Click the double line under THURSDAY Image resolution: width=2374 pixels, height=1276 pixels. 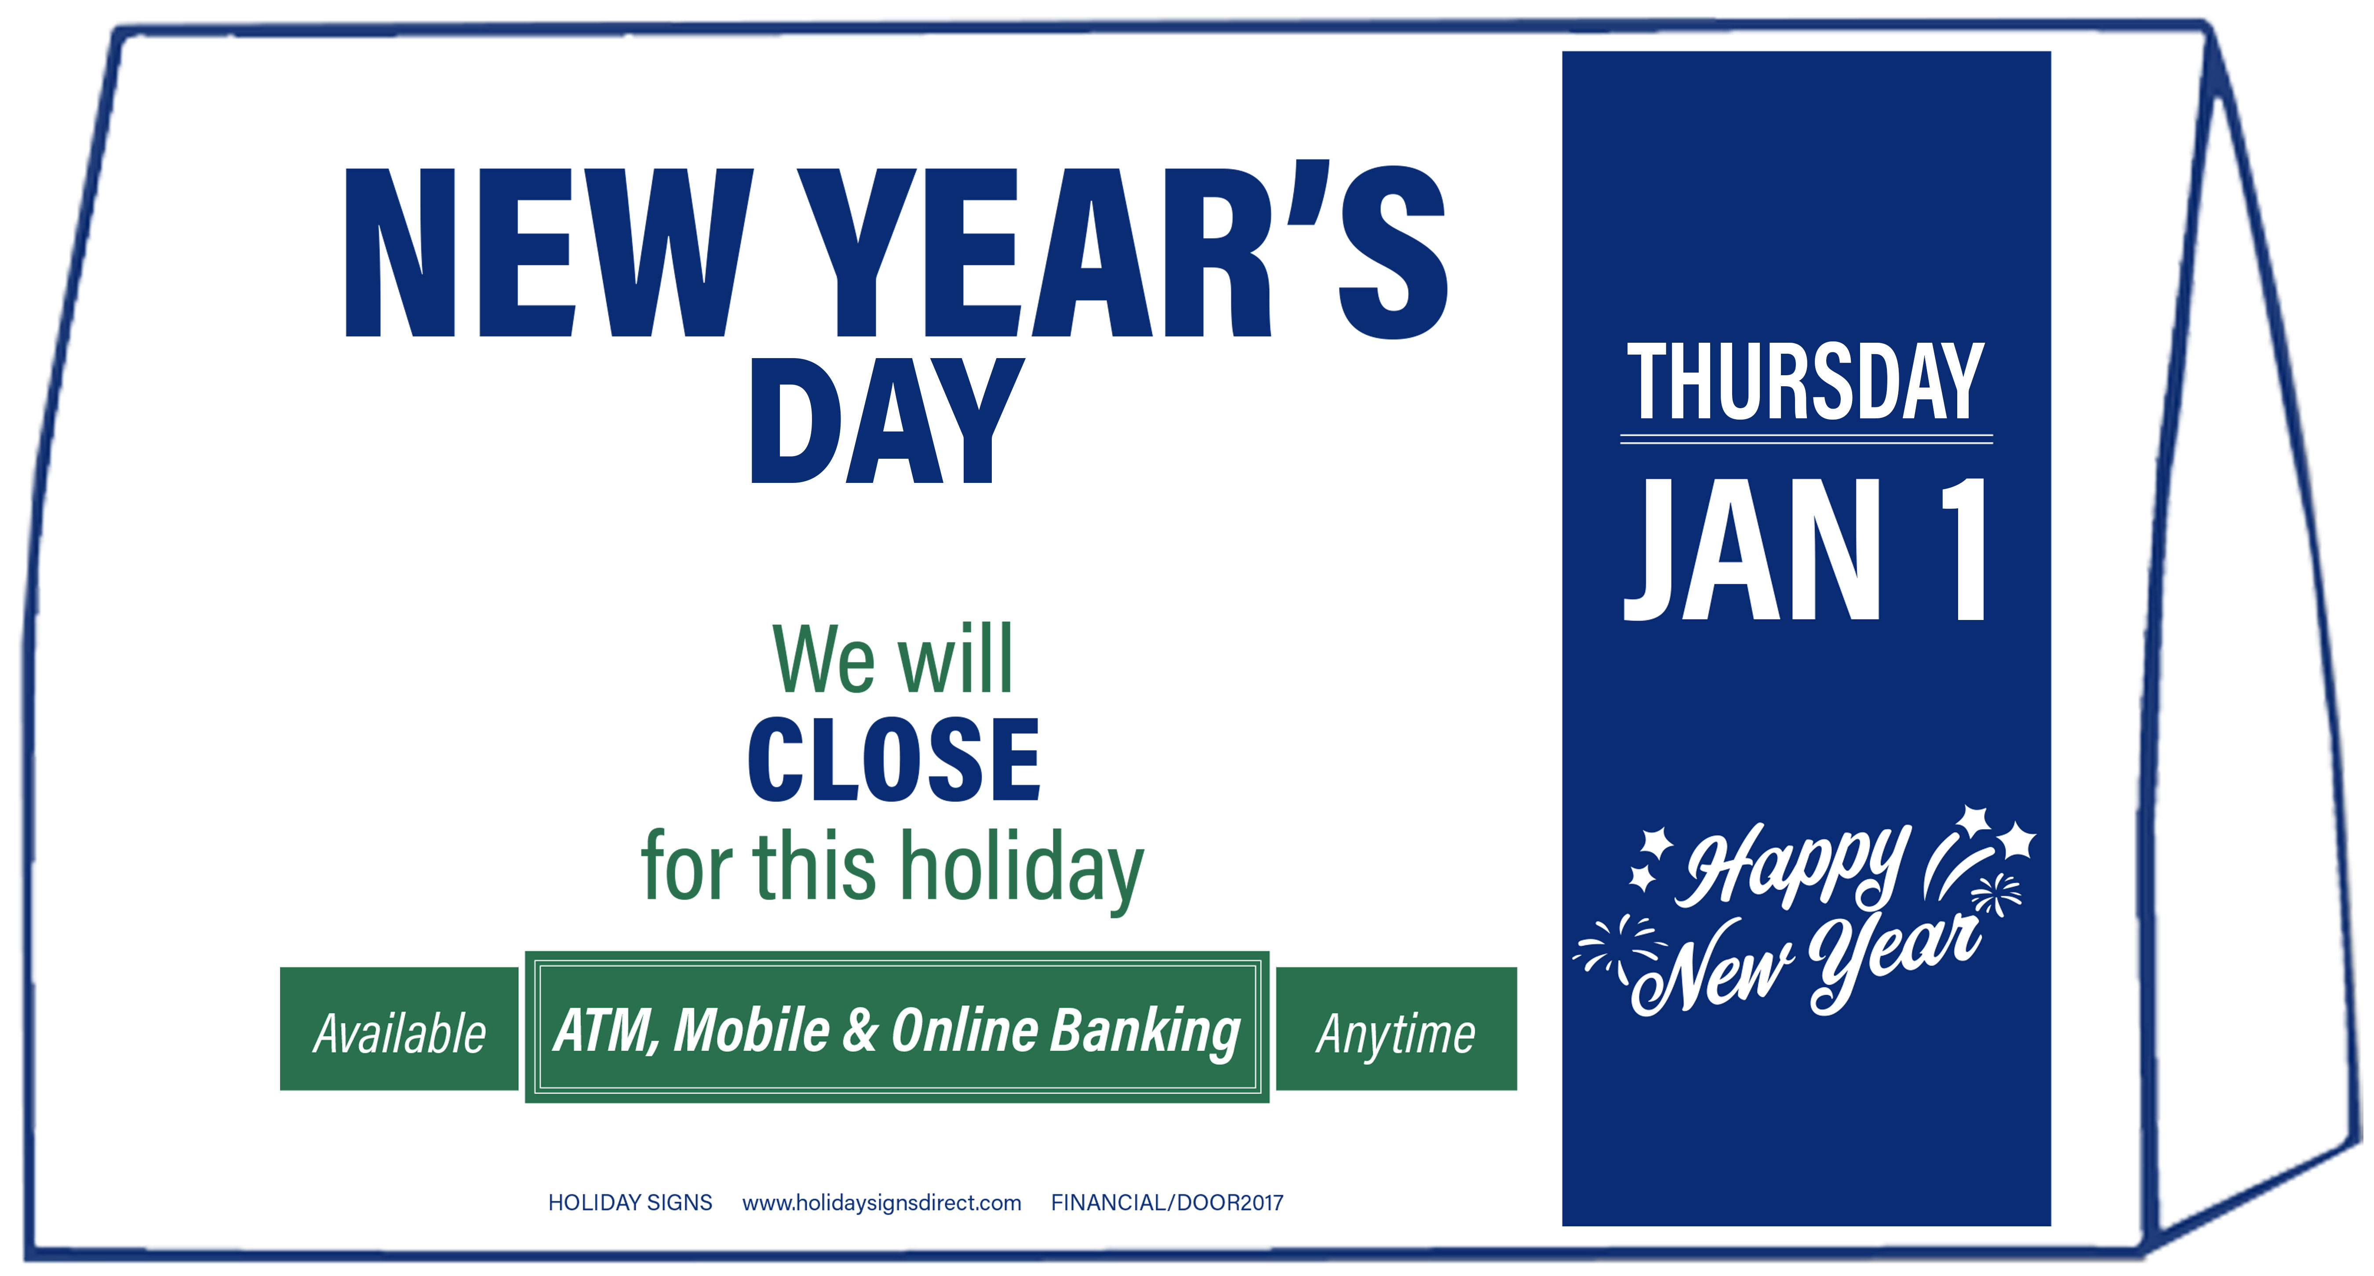(1806, 439)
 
